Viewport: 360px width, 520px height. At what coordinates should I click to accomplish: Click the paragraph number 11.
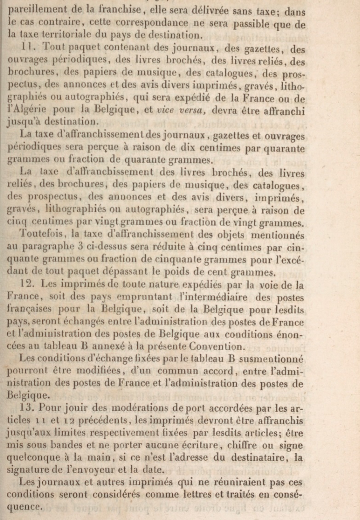point(26,47)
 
